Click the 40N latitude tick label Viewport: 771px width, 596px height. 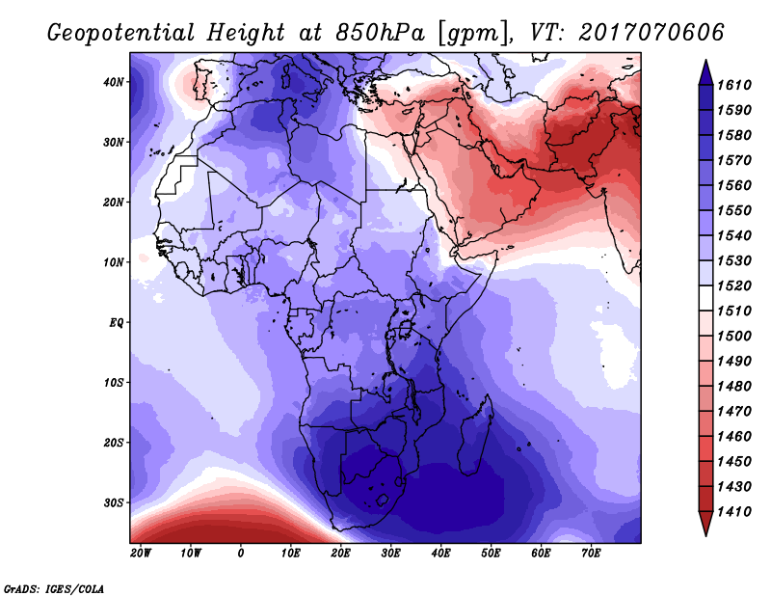[113, 82]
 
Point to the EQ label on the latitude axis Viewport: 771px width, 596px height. [116, 323]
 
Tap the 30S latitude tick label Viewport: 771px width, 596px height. [113, 503]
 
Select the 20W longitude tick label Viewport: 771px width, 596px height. [141, 554]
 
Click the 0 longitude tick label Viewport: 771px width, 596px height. [240, 554]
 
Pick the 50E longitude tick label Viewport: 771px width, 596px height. [491, 554]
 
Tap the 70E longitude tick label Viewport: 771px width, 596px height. [591, 554]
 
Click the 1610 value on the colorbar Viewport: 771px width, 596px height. [734, 85]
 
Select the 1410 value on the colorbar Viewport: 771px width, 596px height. [734, 512]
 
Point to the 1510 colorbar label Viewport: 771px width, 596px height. [734, 312]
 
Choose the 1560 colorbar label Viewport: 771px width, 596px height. [734, 185]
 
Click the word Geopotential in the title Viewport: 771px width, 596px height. [121, 33]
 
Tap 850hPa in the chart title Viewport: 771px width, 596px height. [380, 33]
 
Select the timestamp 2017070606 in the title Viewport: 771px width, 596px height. [651, 33]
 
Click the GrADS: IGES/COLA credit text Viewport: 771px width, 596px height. [54, 588]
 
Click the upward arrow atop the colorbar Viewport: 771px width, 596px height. [705, 72]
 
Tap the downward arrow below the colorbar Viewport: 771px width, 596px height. [705, 524]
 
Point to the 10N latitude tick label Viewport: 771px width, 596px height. [113, 262]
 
